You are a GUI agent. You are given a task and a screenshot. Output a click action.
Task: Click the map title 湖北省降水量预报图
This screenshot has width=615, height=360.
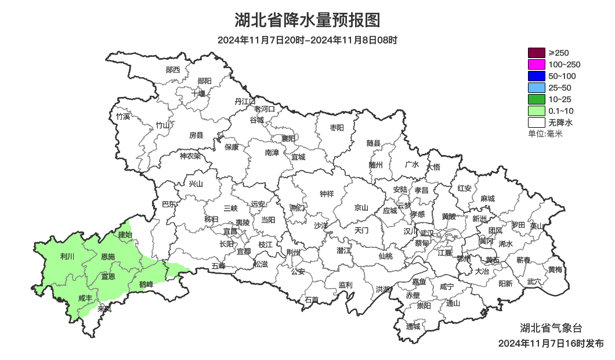pyautogui.click(x=307, y=20)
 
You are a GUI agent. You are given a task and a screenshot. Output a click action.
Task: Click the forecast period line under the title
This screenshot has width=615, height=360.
pyautogui.click(x=307, y=40)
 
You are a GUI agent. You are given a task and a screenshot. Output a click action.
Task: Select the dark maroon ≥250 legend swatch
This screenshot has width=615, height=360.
pyautogui.click(x=536, y=53)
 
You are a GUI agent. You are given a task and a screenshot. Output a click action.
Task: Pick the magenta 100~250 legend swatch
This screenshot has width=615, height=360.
pyautogui.click(x=536, y=64)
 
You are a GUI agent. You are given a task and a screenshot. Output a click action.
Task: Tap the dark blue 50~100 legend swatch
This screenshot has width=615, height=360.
pyautogui.click(x=536, y=76)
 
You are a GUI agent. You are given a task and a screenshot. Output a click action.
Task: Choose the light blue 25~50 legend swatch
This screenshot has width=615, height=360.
pyautogui.click(x=536, y=88)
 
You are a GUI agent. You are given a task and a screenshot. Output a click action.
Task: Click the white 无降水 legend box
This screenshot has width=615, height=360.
pyautogui.click(x=536, y=123)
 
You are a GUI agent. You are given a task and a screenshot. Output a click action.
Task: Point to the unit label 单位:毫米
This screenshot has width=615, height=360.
pyautogui.click(x=545, y=134)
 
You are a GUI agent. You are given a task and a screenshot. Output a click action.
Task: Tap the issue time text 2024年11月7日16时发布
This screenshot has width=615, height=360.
pyautogui.click(x=551, y=343)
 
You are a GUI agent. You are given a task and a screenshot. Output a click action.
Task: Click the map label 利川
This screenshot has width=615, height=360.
pyautogui.click(x=67, y=256)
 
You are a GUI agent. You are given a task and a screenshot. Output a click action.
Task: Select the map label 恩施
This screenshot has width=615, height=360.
pyautogui.click(x=108, y=256)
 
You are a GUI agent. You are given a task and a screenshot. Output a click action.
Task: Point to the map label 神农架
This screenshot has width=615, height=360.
pyautogui.click(x=190, y=156)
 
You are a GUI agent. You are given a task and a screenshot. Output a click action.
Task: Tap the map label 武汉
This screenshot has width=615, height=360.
pyautogui.click(x=427, y=232)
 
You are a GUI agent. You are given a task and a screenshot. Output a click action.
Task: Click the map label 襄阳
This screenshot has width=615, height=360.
pyautogui.click(x=288, y=138)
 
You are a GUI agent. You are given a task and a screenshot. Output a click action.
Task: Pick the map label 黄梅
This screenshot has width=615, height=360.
pyautogui.click(x=555, y=269)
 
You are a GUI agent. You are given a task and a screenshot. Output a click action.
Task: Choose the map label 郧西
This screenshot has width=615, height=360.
pyautogui.click(x=173, y=70)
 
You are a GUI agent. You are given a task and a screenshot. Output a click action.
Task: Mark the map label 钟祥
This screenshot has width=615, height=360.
pyautogui.click(x=327, y=194)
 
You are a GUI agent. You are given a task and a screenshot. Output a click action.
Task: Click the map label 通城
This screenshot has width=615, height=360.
pyautogui.click(x=413, y=326)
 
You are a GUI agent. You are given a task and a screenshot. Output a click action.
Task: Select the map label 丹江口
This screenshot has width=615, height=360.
pyautogui.click(x=245, y=101)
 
